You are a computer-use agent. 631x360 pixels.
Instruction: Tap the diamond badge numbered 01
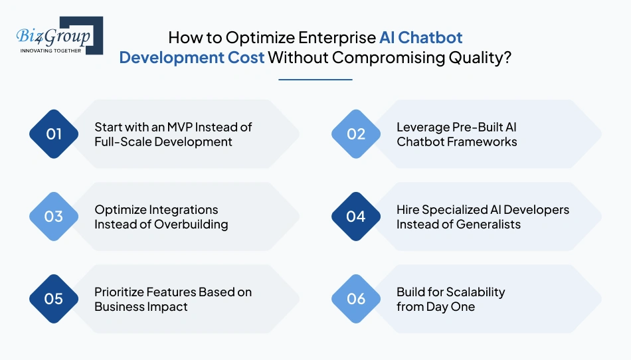point(54,134)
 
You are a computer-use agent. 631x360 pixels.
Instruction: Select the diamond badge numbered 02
point(356,134)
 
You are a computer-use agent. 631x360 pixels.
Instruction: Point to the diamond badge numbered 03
point(54,217)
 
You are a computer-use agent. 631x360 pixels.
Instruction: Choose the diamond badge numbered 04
point(356,217)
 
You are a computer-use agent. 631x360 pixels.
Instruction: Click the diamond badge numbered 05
point(54,299)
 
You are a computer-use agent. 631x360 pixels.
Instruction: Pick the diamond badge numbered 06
point(356,299)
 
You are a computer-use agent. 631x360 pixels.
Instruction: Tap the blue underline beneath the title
point(315,80)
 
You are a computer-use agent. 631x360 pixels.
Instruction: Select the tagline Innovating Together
point(51,50)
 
